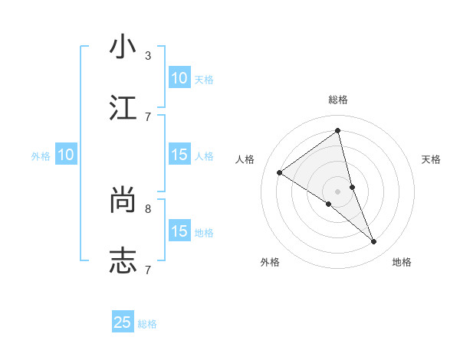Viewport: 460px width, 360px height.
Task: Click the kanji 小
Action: tap(123, 47)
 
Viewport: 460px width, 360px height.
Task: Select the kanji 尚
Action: tap(123, 200)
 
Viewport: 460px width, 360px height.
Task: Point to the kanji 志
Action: tap(123, 261)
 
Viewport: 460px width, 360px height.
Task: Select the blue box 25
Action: tap(123, 322)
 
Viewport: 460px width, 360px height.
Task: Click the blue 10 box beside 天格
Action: tap(179, 78)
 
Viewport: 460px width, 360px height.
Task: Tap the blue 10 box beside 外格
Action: tap(66, 155)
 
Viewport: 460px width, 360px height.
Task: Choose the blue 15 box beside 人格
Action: tap(179, 155)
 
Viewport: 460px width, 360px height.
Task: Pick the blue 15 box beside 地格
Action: tap(179, 231)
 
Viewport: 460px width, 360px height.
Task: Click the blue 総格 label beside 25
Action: tap(148, 324)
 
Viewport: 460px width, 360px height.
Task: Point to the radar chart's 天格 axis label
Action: tap(431, 159)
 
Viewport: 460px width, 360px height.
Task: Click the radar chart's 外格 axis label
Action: tap(270, 262)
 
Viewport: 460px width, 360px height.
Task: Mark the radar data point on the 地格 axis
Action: tap(374, 242)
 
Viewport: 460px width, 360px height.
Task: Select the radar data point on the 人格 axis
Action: tap(280, 172)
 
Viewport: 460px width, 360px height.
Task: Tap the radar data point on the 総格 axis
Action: tap(338, 131)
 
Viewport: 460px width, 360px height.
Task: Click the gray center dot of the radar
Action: tap(338, 191)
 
